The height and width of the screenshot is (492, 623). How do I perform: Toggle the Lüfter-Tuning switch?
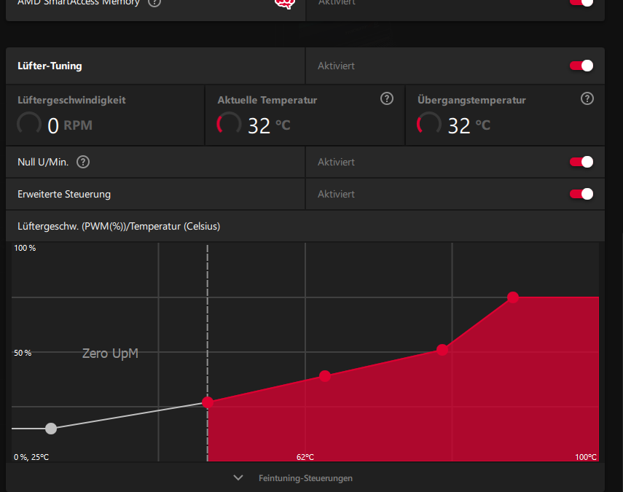(x=581, y=66)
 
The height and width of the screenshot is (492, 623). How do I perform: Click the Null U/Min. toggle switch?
(x=581, y=162)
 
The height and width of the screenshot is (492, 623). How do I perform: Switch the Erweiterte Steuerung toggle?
(x=581, y=194)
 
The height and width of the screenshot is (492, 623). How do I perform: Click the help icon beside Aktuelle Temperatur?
(x=387, y=99)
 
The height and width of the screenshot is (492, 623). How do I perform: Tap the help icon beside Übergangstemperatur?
(x=587, y=99)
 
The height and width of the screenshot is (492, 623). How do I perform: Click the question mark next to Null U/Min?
(x=83, y=162)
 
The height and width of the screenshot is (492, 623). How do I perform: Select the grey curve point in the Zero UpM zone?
(x=50, y=428)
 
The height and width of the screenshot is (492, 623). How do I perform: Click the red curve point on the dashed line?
(x=208, y=402)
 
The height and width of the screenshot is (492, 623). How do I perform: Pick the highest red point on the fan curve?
(x=513, y=297)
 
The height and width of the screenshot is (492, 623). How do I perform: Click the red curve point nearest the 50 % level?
(x=442, y=350)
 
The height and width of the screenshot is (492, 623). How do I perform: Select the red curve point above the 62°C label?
(x=325, y=376)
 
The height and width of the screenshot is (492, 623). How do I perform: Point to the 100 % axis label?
(x=25, y=249)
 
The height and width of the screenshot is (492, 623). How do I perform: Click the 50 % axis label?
(x=23, y=353)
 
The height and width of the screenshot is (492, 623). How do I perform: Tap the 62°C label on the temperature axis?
(x=305, y=457)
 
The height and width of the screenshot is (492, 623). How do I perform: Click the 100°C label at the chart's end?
(x=585, y=457)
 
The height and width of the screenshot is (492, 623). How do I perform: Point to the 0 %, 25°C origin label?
(x=31, y=457)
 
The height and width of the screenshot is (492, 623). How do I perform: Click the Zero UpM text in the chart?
(x=110, y=354)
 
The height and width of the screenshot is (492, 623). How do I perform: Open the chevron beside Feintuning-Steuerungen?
(x=238, y=478)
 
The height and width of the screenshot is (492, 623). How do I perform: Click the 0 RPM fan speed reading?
(x=69, y=125)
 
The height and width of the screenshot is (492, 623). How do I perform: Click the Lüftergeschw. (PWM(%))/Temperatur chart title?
(x=119, y=226)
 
